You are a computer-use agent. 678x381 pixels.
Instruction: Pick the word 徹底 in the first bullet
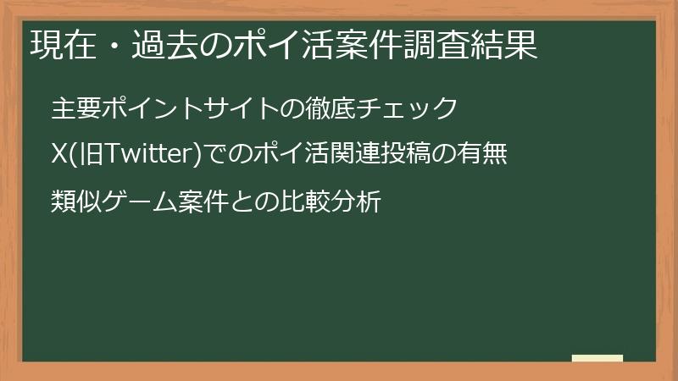tap(330, 108)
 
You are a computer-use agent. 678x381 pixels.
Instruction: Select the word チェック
tap(404, 108)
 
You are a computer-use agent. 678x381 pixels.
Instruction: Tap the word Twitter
tap(142, 155)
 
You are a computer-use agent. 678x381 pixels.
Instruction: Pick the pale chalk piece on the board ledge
tap(597, 358)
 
